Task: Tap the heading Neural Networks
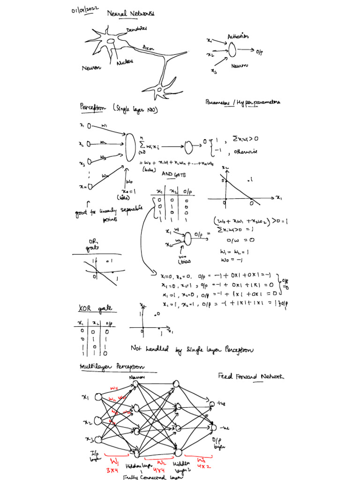pos(131,14)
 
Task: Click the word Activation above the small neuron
pos(238,36)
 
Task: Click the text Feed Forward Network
pos(251,376)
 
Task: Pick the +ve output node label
pos(221,403)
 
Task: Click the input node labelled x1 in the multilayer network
pos(98,397)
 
